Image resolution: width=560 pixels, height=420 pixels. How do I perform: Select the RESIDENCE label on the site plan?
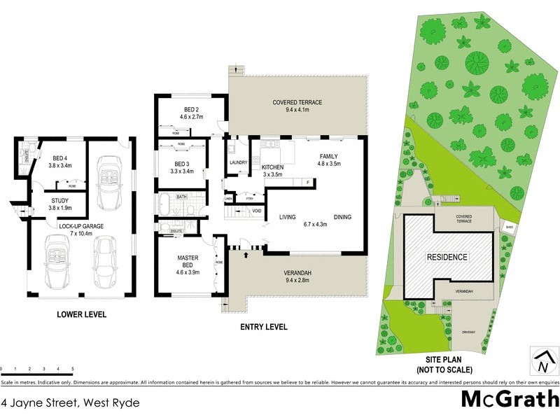[447, 257]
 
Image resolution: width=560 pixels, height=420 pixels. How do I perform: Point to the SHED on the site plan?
[509, 227]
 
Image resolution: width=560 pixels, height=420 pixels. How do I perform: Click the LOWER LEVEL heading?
[81, 315]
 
